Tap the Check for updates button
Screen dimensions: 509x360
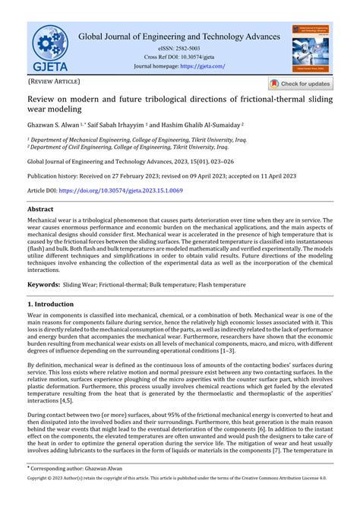coord(300,84)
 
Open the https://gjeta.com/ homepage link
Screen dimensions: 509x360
coord(202,66)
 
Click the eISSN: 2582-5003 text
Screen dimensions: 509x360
coord(180,48)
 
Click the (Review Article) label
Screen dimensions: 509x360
coord(54,81)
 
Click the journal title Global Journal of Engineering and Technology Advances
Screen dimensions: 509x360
coord(180,36)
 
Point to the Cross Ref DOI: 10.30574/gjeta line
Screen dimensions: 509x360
coord(180,57)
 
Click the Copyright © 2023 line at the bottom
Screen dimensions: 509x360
coord(180,501)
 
